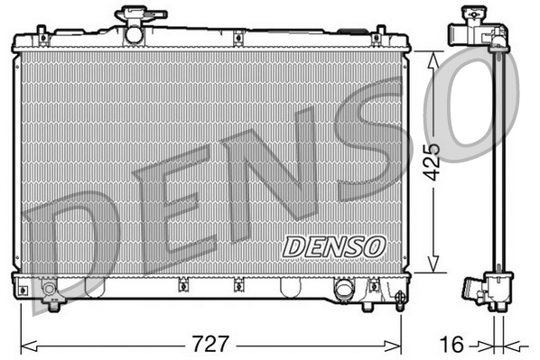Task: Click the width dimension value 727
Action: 210,344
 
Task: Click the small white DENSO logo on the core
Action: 334,245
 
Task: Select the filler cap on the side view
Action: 470,14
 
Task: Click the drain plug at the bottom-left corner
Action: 51,290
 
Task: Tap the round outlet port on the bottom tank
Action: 343,290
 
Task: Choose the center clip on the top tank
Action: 237,39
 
